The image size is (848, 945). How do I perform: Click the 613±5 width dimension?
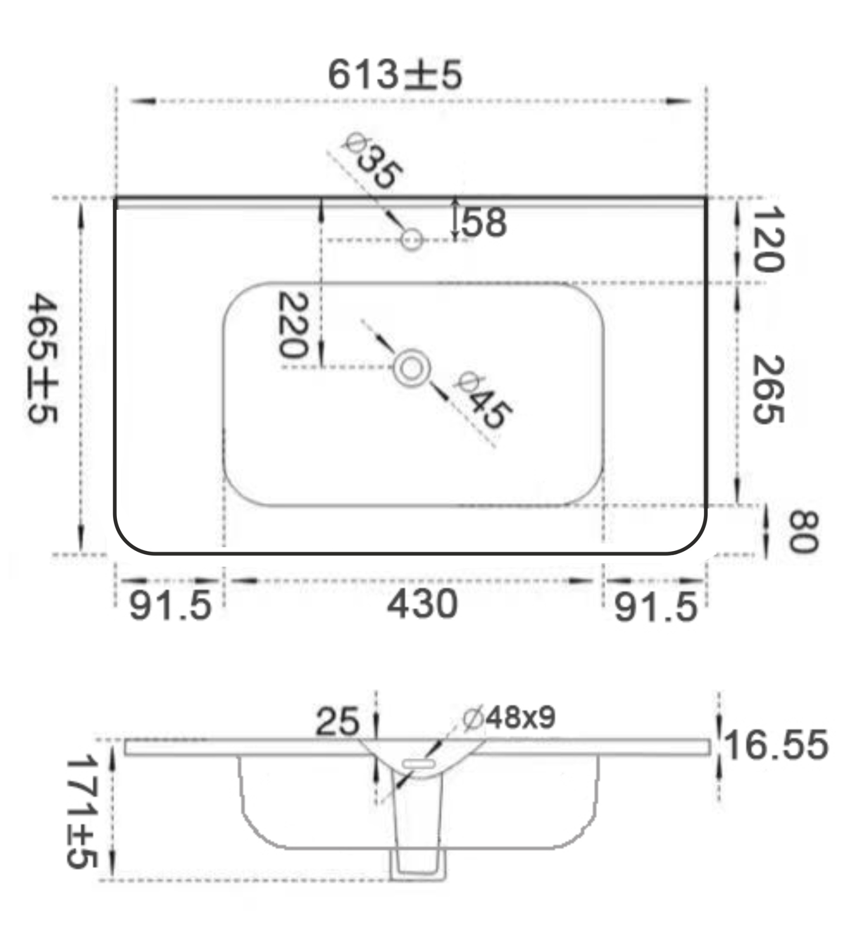pyautogui.click(x=395, y=75)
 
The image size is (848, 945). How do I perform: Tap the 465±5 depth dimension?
pyautogui.click(x=43, y=358)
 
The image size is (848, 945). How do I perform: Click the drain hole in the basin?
pyautogui.click(x=411, y=368)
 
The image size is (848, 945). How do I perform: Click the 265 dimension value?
pyautogui.click(x=768, y=390)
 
